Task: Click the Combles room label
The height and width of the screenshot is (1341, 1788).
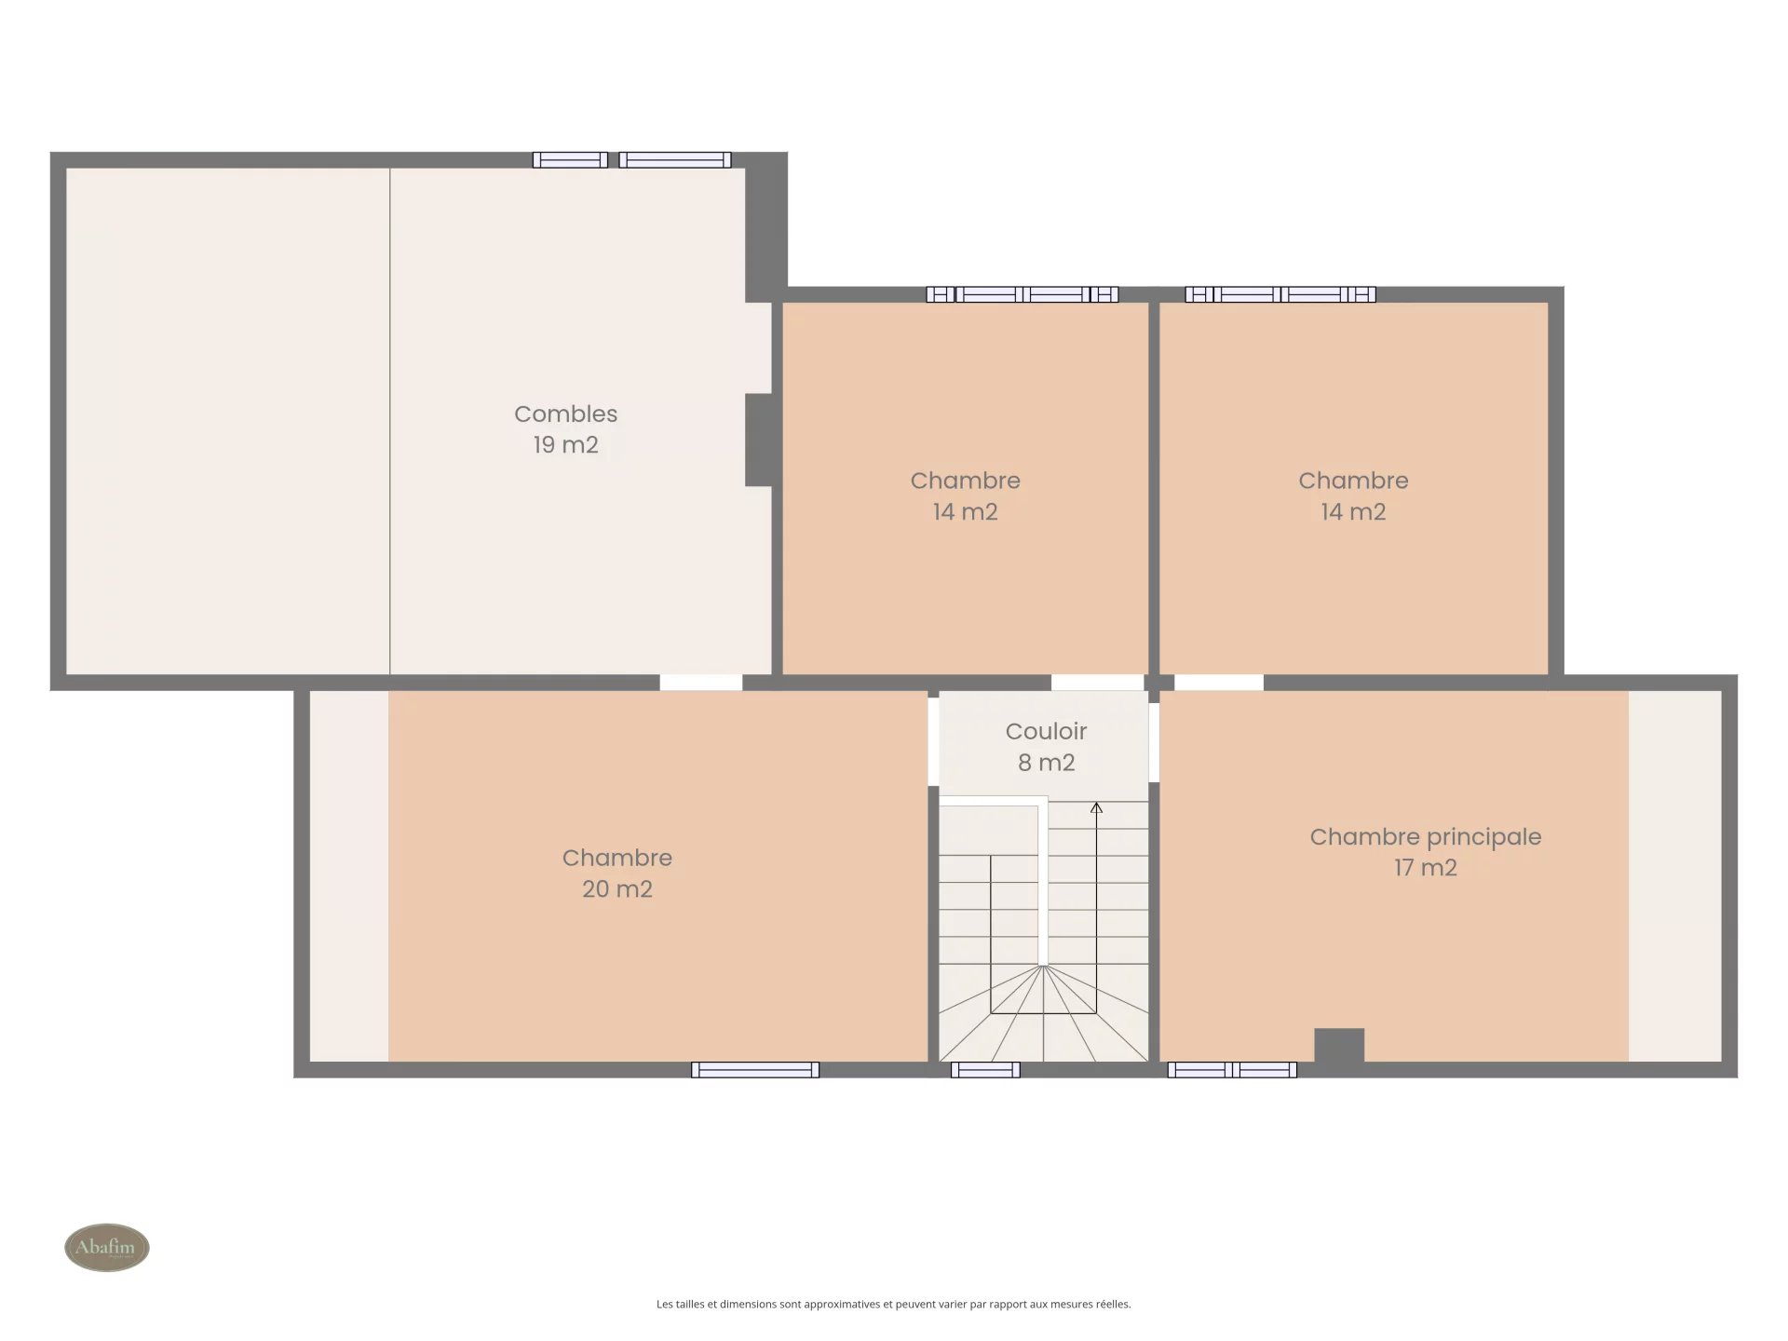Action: [565, 413]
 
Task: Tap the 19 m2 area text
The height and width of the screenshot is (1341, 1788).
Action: [565, 445]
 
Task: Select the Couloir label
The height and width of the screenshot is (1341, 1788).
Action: [1046, 731]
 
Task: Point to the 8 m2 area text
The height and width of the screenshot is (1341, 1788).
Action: [1046, 763]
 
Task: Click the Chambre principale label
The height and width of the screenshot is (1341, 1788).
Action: [1425, 837]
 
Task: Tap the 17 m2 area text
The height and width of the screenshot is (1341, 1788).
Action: [1425, 868]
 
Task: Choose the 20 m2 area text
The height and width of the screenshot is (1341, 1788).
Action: [616, 889]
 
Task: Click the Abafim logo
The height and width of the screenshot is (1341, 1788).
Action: [107, 1247]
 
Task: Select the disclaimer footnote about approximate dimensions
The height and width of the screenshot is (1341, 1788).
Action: [893, 1304]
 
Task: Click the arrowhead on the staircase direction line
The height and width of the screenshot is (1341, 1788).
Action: [1096, 807]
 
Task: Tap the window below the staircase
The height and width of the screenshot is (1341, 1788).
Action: [985, 1070]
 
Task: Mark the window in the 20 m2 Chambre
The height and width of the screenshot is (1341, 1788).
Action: [755, 1070]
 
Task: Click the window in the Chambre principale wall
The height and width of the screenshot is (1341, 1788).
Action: [1232, 1070]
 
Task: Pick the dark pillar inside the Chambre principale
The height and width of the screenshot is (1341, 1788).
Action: [1339, 1045]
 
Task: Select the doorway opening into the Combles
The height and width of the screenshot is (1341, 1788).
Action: [700, 683]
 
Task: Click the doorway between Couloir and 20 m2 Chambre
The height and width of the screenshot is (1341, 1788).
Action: [933, 741]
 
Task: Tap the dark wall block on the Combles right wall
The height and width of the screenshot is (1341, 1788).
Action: [758, 440]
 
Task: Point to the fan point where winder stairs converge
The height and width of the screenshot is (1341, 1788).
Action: [1044, 966]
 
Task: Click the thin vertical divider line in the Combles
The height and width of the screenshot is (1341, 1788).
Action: [389, 421]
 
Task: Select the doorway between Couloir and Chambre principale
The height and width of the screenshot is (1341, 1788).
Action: [1154, 742]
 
